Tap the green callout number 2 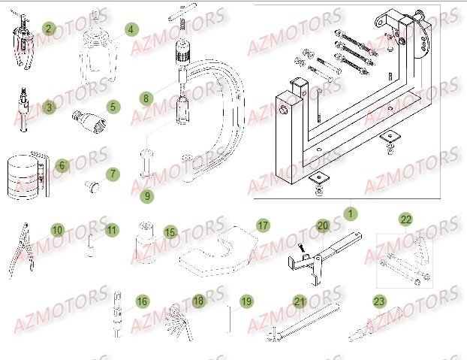(x=49, y=29)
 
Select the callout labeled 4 (x=131, y=29)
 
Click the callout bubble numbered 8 (x=146, y=98)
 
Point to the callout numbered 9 (x=147, y=196)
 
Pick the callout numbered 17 (x=263, y=225)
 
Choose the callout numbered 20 (x=322, y=225)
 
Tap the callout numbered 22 (x=405, y=219)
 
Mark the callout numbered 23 (x=379, y=301)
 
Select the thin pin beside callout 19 (x=229, y=316)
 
